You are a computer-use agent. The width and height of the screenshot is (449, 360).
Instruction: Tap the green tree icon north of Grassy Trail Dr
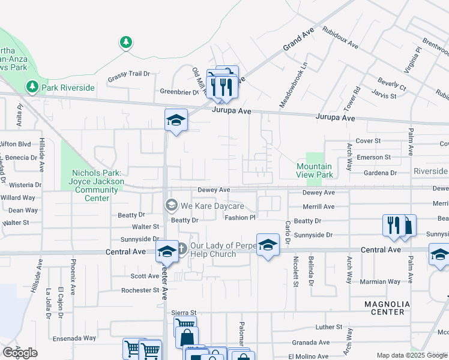pyautogui.click(x=125, y=42)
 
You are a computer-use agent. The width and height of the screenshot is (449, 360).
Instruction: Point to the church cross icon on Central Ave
pyautogui.click(x=182, y=248)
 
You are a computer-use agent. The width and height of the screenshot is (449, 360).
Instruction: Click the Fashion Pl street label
pyautogui.click(x=240, y=218)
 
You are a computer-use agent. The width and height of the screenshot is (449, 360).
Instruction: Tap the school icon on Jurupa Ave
pyautogui.click(x=176, y=120)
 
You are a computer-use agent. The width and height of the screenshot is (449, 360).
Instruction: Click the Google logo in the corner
pyautogui.click(x=20, y=353)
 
